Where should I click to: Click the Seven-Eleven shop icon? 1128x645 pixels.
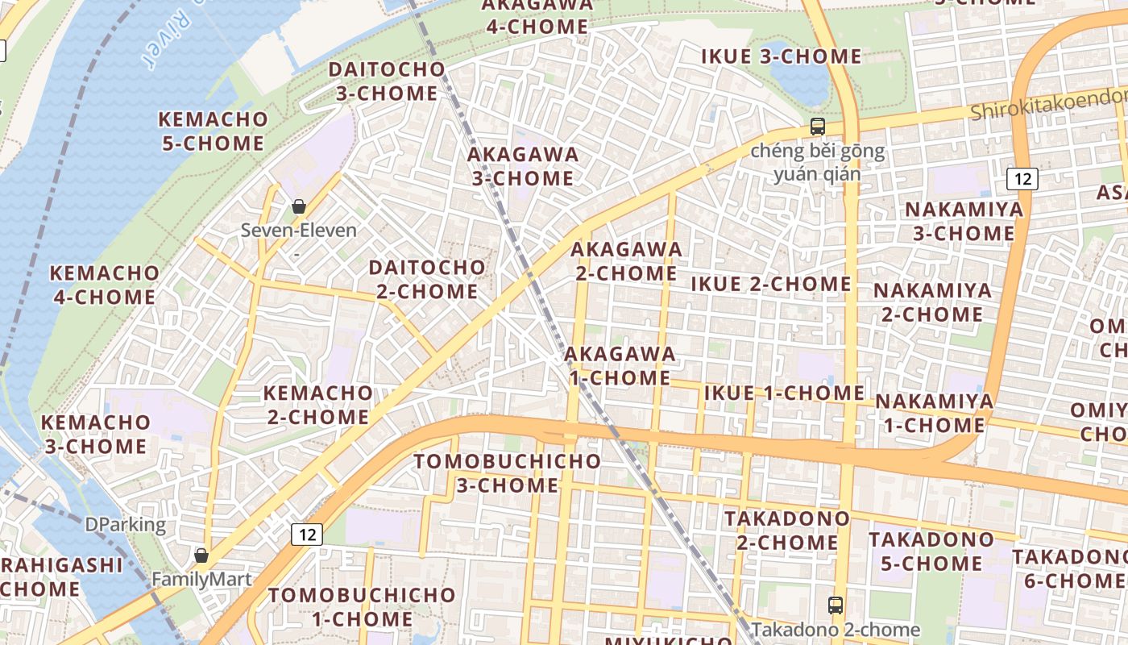pos(299,206)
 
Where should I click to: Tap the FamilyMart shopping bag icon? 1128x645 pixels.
pos(201,556)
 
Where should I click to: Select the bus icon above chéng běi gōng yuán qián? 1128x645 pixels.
pos(817,127)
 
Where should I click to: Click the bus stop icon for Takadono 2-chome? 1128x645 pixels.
pos(836,605)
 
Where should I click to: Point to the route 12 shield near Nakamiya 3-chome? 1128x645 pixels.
pos(1022,178)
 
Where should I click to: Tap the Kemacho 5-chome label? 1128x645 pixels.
pos(212,131)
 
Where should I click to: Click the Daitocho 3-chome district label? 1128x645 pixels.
pos(387,81)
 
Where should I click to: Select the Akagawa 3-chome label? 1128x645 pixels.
pos(523,166)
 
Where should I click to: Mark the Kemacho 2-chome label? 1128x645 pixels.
pos(318,405)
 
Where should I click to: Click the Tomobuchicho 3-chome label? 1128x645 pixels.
pos(507,473)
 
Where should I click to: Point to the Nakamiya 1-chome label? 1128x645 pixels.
pos(934,413)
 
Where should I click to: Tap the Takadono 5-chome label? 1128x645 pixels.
pos(931,551)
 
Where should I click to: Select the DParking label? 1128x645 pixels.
pos(126,525)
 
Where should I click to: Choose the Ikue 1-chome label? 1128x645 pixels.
pos(784,393)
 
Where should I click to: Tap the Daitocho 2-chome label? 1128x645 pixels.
pos(427,279)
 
